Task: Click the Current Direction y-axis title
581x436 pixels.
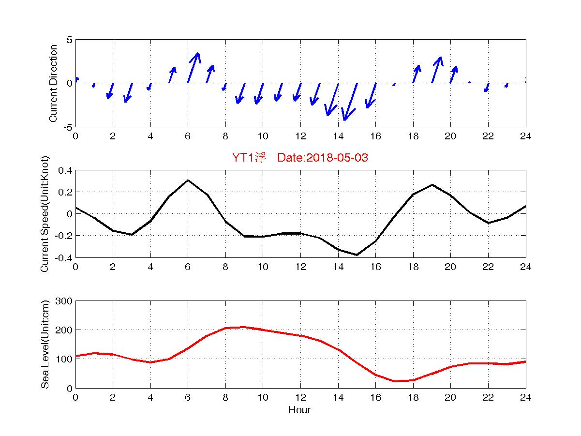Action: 54,83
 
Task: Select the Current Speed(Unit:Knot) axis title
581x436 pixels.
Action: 45,214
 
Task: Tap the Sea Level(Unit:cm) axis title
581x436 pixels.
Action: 45,345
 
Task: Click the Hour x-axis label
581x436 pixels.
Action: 299,410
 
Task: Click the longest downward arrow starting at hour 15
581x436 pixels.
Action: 350,102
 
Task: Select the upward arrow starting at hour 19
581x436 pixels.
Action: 436,69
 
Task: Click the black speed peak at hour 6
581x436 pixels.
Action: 188,180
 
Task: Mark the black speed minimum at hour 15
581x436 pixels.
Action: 357,255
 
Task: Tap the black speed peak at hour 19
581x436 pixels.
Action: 432,185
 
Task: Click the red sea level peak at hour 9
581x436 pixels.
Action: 244,327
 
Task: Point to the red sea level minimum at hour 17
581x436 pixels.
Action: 395,381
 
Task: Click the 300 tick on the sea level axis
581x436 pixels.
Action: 65,301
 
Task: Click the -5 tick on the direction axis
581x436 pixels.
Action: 67,127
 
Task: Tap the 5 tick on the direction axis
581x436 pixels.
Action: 69,40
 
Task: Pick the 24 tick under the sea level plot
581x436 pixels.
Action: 525,397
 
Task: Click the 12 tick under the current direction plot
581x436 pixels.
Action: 300,136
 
